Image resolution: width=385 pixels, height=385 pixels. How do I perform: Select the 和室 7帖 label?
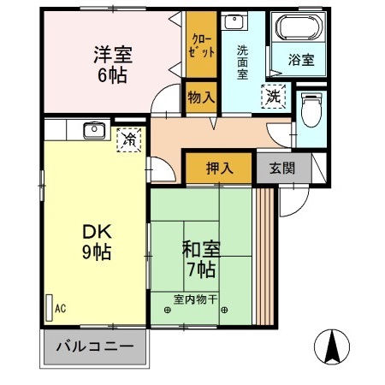[202, 259]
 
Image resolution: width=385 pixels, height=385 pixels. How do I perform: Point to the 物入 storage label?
[200, 98]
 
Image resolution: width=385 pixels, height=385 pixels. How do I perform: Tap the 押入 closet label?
[219, 169]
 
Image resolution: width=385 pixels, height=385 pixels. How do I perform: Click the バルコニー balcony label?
[95, 348]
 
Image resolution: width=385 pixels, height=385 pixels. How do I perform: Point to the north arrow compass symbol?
[333, 346]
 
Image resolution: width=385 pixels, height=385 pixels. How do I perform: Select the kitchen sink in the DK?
[93, 131]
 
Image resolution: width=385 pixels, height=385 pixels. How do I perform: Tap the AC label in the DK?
[60, 307]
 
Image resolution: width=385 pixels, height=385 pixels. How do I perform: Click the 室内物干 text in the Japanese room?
[195, 299]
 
